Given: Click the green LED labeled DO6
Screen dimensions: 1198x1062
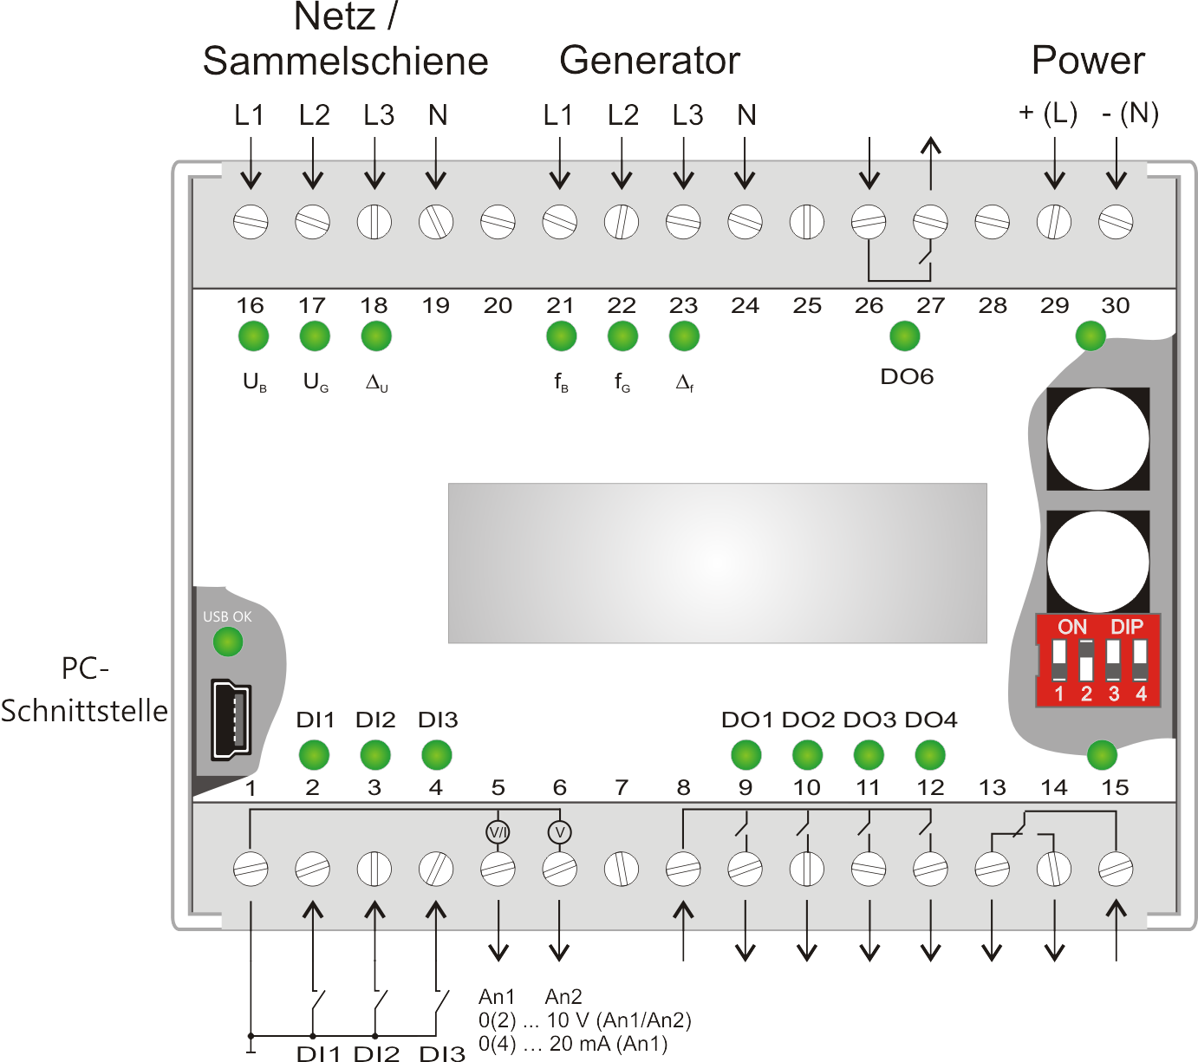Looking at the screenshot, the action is [905, 336].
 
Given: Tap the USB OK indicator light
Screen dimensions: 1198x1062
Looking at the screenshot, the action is [228, 642].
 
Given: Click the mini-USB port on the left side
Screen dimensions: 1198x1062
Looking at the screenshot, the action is [231, 719].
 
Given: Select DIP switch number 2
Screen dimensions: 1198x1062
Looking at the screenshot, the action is [1086, 661].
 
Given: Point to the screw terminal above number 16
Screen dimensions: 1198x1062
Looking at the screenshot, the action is [251, 222].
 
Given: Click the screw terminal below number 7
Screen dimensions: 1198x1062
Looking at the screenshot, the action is [622, 869].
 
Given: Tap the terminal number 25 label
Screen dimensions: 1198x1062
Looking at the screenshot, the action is [807, 306].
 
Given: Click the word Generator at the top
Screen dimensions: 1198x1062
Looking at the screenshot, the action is [649, 61].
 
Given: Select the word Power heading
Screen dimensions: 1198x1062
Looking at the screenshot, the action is [1088, 61].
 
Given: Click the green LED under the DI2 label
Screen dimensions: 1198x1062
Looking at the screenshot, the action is [375, 755].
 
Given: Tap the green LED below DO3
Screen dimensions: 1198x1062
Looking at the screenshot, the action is [869, 755].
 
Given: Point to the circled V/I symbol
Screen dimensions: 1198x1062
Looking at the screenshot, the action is [498, 832].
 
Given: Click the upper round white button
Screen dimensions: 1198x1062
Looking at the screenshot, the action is [1098, 439].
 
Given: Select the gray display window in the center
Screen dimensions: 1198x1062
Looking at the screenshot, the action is [717, 563].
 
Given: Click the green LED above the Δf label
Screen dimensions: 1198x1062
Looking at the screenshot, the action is [684, 336].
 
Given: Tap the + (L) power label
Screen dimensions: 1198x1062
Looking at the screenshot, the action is [1048, 114].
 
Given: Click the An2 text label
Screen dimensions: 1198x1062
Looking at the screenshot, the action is [563, 996].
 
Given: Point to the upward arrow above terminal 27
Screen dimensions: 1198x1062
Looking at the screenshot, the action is [931, 163].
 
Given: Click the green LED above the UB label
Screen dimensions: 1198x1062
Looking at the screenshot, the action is [254, 336].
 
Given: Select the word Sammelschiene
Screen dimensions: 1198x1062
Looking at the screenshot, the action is [345, 61].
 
